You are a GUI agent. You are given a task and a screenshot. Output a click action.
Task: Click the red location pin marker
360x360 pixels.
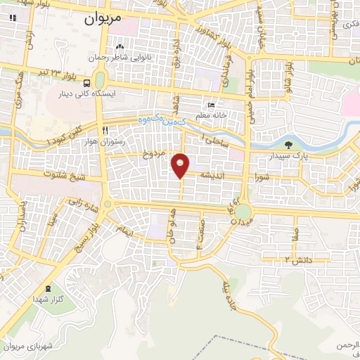pyautogui.click(x=181, y=165)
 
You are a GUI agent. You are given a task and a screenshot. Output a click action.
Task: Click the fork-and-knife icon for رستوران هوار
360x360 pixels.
pyautogui.click(x=105, y=130)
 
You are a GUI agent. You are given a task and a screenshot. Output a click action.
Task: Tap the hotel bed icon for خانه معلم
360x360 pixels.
pyautogui.click(x=212, y=103)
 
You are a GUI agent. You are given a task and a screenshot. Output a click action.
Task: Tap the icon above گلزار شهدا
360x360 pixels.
pyautogui.click(x=48, y=288)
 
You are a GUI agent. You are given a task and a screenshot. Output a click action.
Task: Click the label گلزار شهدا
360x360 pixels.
pyautogui.click(x=48, y=300)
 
